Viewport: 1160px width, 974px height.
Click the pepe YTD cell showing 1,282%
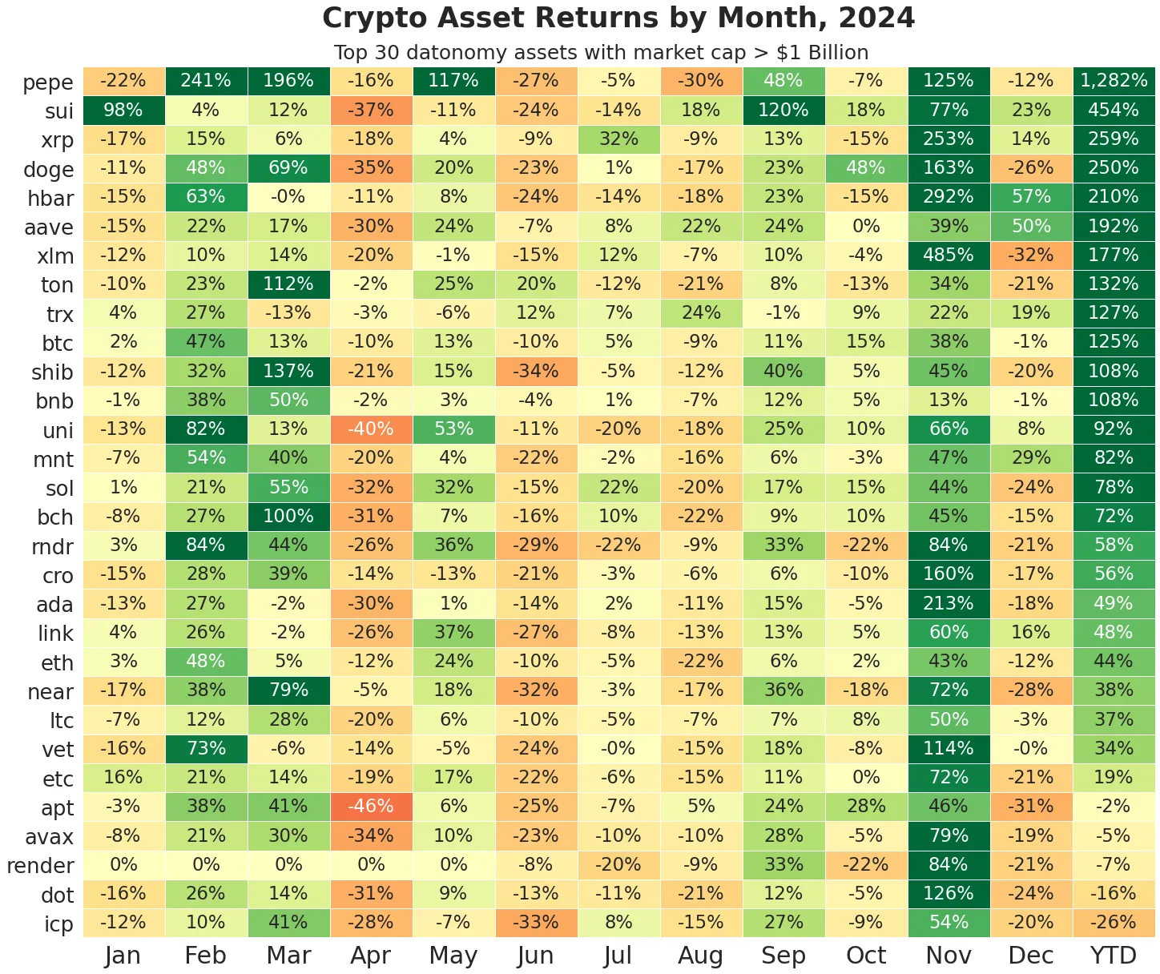(x=1114, y=81)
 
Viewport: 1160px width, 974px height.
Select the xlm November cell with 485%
(x=949, y=256)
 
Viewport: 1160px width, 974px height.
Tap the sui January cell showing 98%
(x=123, y=110)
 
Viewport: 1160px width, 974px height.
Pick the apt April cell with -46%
(x=371, y=807)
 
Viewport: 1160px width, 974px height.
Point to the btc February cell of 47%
(x=206, y=342)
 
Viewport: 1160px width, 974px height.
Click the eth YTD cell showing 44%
(x=1114, y=662)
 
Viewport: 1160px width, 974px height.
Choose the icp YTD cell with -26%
(x=1114, y=923)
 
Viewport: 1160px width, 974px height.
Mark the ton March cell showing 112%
(x=288, y=284)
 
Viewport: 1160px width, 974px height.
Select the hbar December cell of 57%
(x=1031, y=197)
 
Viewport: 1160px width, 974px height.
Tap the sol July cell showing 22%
(x=618, y=487)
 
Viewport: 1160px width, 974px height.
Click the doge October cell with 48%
(x=866, y=168)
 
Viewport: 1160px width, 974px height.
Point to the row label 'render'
(x=40, y=866)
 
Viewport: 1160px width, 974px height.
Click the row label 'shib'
(x=52, y=372)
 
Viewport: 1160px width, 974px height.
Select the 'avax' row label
(x=49, y=837)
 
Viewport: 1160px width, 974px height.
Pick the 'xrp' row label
(x=57, y=140)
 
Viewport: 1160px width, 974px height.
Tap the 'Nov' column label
(x=949, y=956)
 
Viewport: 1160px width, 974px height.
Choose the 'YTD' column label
(x=1114, y=956)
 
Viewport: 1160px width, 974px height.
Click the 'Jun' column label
(x=535, y=956)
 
